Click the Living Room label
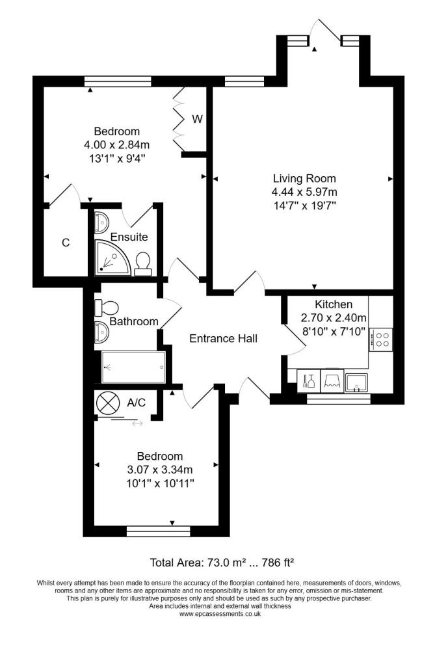click(304, 178)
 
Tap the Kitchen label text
click(334, 304)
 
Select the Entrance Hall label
click(223, 338)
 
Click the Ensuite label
click(129, 237)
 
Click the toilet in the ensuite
click(143, 263)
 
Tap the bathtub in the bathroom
click(134, 367)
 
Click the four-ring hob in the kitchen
click(380, 338)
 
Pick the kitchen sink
click(356, 381)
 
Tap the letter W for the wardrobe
click(197, 120)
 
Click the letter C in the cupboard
click(65, 243)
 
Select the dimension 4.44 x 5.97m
click(304, 192)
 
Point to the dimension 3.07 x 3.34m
click(160, 470)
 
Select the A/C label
click(136, 403)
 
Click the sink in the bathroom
click(101, 332)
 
